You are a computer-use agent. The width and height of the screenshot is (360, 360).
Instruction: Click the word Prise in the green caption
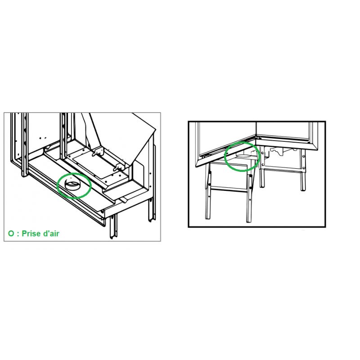point(31,234)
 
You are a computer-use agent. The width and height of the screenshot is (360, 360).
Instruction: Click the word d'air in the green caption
point(51,234)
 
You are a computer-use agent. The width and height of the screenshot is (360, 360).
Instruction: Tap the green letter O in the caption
point(11,234)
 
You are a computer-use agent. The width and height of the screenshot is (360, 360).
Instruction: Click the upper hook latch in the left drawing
point(98,152)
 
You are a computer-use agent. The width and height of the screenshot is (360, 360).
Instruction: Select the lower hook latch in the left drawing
point(119,167)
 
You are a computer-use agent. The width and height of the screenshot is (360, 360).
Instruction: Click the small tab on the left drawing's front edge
point(123,200)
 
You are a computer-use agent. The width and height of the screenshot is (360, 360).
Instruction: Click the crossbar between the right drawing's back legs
point(283,170)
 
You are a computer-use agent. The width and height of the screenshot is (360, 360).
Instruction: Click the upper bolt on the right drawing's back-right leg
point(304,156)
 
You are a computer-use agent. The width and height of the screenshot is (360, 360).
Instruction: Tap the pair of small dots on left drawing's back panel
point(42,138)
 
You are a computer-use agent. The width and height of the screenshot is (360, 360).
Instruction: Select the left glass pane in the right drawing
point(227,137)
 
